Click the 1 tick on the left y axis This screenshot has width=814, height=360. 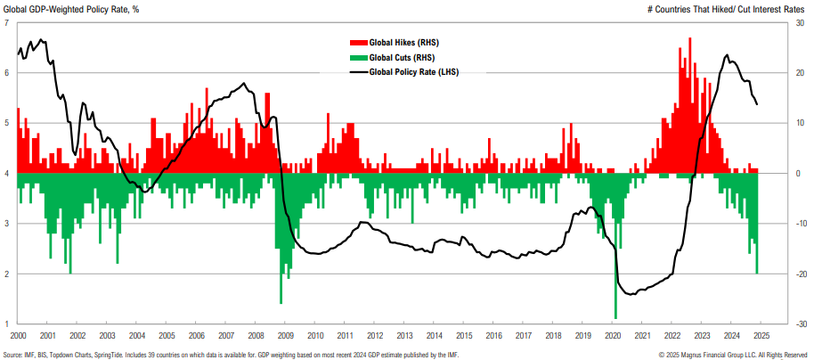(7, 324)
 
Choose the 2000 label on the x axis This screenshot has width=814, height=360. (18, 336)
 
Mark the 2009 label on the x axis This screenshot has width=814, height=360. (286, 336)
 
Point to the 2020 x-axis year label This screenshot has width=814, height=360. (613, 336)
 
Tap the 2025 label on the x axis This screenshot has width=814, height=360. (761, 336)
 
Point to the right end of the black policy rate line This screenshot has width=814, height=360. (757, 104)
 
